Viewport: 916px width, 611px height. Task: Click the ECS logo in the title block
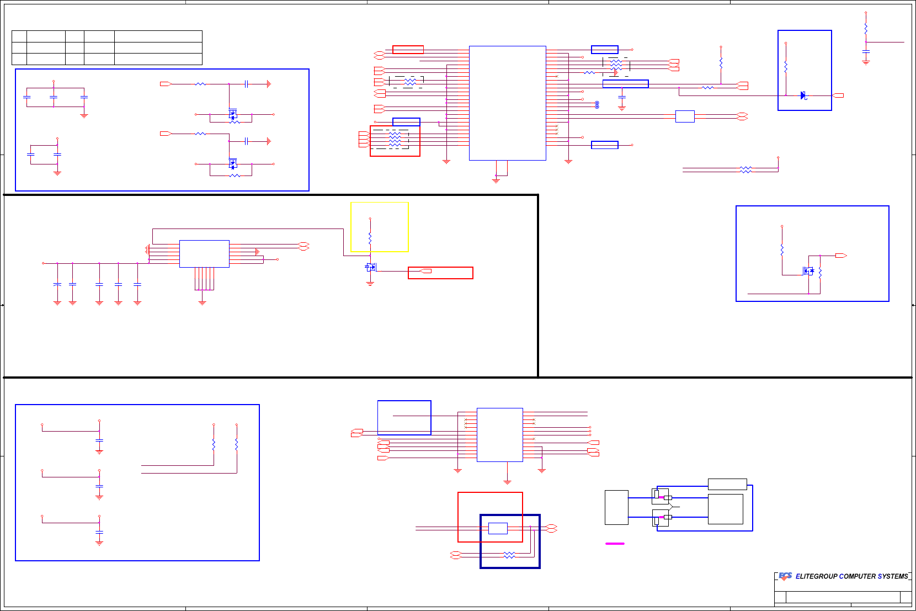coord(785,576)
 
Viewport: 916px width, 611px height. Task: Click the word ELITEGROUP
coord(816,576)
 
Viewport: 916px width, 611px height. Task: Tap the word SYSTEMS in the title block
coord(892,576)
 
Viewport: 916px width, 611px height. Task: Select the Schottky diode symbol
coord(803,95)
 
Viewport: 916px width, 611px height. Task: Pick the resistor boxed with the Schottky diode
coord(786,67)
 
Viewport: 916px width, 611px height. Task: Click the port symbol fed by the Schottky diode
coord(838,95)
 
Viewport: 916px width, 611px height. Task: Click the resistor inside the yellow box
coord(370,238)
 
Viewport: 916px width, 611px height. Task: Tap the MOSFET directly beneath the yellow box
coord(371,267)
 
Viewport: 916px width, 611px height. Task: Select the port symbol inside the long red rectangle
coord(425,271)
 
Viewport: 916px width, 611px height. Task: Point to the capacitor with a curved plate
coord(57,284)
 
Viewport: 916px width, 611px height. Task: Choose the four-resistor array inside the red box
coord(395,138)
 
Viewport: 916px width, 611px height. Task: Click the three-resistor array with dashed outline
coord(409,82)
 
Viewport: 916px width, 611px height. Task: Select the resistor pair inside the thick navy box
coord(509,555)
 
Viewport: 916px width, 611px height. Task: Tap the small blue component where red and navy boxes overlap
coord(498,528)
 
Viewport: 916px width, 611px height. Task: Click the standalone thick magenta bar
coord(615,544)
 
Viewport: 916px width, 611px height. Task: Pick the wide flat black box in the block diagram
coord(727,484)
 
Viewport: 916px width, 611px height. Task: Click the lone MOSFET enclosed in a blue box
coord(808,271)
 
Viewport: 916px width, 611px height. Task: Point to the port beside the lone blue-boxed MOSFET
coord(841,256)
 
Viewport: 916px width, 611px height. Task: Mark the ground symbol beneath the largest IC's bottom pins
coord(496,180)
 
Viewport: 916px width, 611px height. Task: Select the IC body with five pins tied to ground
coord(204,254)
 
